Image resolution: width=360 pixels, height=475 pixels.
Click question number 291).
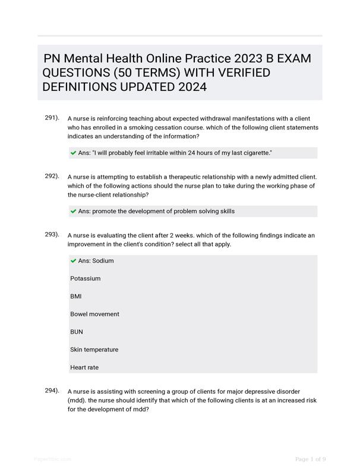coord(52,118)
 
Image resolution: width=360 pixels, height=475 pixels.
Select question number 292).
coord(52,176)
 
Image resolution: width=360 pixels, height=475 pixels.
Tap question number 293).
coord(52,235)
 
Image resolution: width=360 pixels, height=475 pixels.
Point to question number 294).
coord(52,391)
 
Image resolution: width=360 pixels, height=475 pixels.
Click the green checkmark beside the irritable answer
coord(73,153)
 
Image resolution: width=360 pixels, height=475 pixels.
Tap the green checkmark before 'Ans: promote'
coord(73,211)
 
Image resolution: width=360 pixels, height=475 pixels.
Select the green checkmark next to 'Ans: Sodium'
coord(73,261)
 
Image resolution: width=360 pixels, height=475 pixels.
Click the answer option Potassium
coord(85,278)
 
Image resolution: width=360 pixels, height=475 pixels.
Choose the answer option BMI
coord(75,296)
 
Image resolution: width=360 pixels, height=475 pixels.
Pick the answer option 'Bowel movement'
coord(94,314)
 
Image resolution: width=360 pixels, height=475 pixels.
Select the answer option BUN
coord(77,332)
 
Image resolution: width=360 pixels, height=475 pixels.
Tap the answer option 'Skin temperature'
coord(94,350)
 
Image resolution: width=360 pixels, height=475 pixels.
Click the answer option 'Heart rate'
coord(84,368)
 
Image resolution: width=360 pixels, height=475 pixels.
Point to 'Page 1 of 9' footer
coord(310,459)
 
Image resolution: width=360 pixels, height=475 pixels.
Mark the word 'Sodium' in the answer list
coord(103,261)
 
